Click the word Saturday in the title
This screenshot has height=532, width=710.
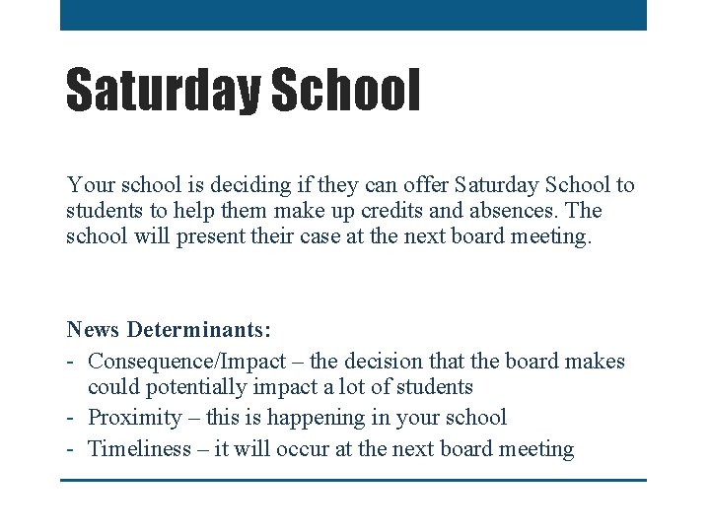click(x=162, y=91)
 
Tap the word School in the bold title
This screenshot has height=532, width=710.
click(x=344, y=91)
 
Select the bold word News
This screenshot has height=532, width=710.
click(x=94, y=328)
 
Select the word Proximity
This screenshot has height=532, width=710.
click(x=135, y=418)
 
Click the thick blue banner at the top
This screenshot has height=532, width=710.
click(x=353, y=15)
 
